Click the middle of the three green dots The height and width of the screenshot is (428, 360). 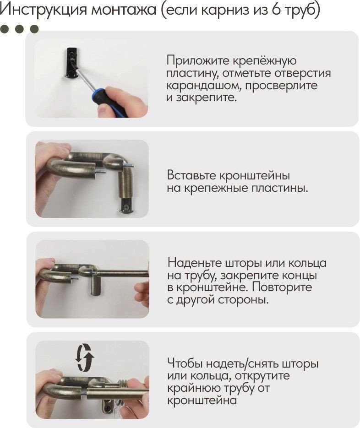tap(19, 29)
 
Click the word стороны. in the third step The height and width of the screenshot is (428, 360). tap(243, 300)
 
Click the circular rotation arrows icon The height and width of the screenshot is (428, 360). tap(85, 357)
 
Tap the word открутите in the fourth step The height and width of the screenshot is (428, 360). tap(262, 376)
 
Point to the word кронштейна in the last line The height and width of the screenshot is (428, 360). tap(202, 401)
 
